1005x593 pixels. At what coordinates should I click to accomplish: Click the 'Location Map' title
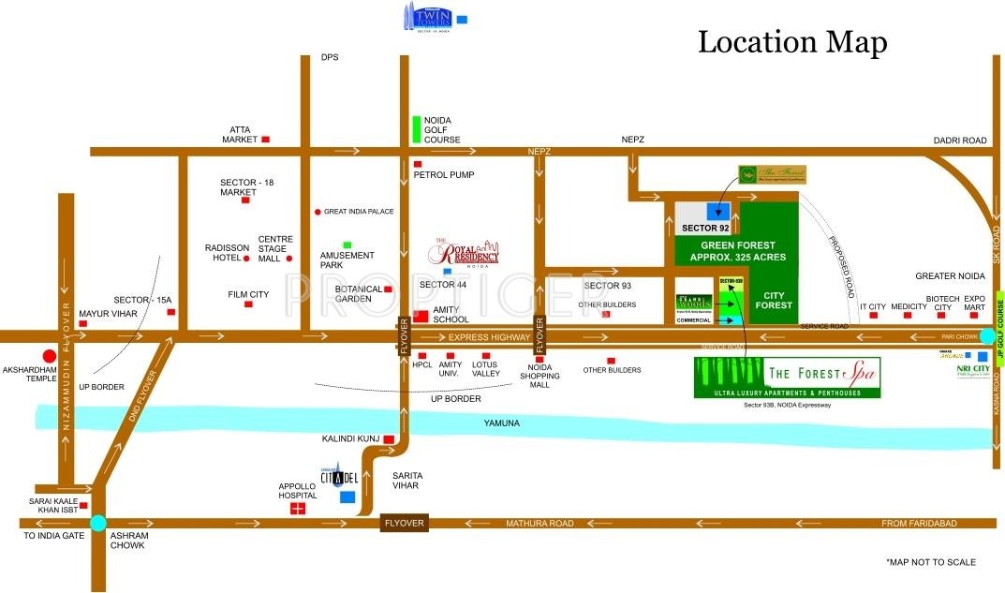[x=792, y=41]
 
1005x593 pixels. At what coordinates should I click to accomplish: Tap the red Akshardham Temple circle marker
[x=49, y=355]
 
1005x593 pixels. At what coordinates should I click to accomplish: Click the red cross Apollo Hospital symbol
[x=298, y=509]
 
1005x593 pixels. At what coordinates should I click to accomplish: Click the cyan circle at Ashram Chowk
[x=97, y=524]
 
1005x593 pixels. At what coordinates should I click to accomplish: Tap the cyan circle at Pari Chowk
[x=987, y=336]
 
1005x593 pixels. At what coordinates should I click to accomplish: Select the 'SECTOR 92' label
[x=705, y=228]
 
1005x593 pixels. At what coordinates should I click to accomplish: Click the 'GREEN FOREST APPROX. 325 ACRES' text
[x=738, y=251]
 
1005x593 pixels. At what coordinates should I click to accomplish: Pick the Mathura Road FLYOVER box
[x=405, y=523]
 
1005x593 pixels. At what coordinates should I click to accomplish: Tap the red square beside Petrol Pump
[x=418, y=164]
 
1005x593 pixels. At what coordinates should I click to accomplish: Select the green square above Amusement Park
[x=347, y=245]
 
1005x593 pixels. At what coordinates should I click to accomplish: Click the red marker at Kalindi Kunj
[x=388, y=438]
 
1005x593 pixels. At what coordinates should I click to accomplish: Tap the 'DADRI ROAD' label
[x=960, y=141]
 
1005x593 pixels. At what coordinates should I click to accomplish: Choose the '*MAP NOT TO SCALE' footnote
[x=930, y=562]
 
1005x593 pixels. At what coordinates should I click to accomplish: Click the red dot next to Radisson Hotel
[x=246, y=258]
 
